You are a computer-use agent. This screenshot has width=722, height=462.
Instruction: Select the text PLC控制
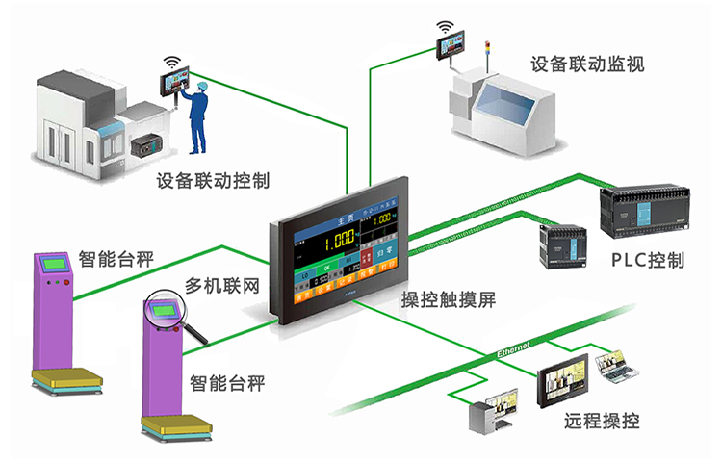648,261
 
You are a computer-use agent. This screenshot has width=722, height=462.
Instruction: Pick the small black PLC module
561,246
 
